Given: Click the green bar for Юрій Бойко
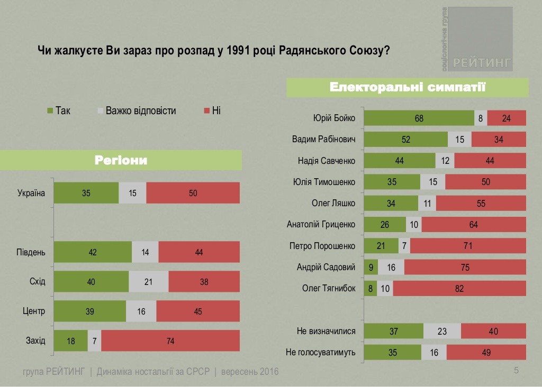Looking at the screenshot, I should pos(419,118).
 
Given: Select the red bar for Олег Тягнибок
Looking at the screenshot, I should pos(459,289).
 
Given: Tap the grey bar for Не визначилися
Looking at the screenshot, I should pos(442,331).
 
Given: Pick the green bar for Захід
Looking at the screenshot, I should pos(71,341).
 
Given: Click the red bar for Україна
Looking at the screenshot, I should pos(193,193).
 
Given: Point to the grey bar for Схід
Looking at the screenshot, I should pos(148,282).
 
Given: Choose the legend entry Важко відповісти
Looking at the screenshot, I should pos(140,111).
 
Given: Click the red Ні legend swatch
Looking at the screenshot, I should pos(206,111).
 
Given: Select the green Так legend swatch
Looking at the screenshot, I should pos(50,111).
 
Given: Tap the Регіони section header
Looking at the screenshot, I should pos(121,160).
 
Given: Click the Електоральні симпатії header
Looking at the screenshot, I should pos(408,87).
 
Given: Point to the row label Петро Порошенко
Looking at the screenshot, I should pos(322,246).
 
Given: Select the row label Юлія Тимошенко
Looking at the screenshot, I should pos(324,182).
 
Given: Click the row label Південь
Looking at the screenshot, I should pos(31,252).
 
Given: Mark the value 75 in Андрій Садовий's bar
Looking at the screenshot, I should pos(465,268).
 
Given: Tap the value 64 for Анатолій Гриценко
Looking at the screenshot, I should pos(473,225).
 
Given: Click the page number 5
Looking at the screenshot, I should pos(517,370).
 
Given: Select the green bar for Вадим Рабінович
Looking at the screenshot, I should pos(406,140).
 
